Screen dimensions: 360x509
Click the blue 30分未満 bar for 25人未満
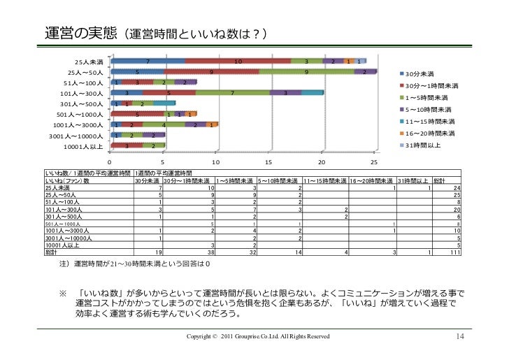(x=148, y=62)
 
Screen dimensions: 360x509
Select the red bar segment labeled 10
(x=238, y=62)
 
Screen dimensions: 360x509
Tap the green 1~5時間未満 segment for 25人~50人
(x=306, y=72)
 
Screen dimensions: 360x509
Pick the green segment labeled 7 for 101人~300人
(x=232, y=93)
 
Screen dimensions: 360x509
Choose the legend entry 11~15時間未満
(x=429, y=122)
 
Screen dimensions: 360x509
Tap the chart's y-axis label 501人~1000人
(x=80, y=115)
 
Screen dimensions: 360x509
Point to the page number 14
(x=459, y=337)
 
